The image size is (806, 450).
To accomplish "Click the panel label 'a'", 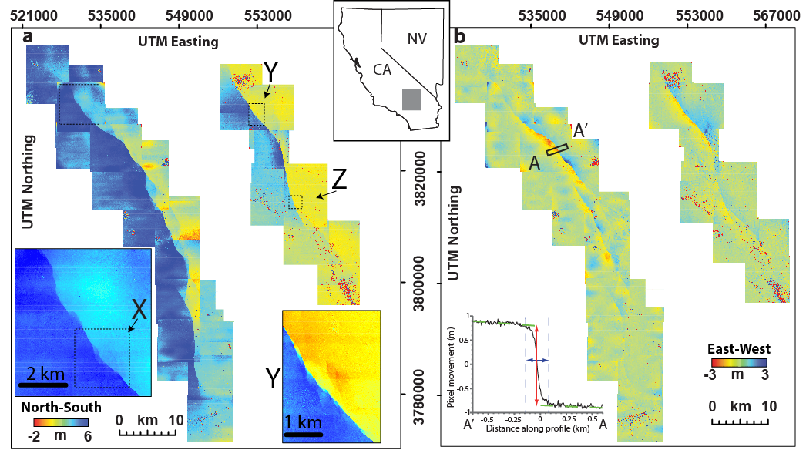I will [28, 37].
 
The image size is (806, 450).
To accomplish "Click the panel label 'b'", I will [460, 36].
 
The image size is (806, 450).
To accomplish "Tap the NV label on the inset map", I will [417, 38].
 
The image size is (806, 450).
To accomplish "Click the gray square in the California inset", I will [411, 99].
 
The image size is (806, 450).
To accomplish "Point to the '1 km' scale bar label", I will [303, 423].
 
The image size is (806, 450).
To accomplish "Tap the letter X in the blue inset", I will [139, 310].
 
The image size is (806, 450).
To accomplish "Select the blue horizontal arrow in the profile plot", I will [536, 360].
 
